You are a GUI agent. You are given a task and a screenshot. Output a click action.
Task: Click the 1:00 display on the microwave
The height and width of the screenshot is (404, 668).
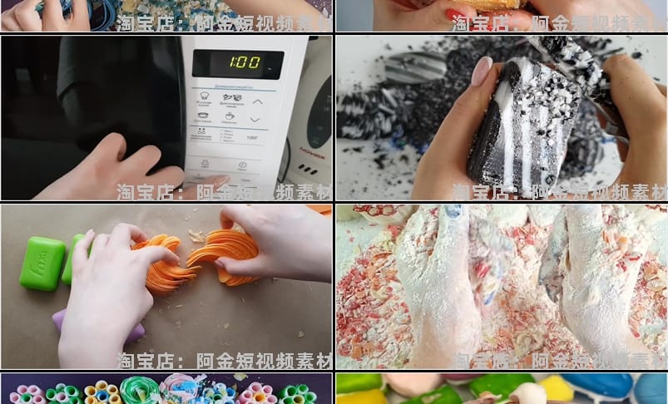[x=237, y=62]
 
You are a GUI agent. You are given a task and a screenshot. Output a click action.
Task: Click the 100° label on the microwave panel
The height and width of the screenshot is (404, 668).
[x=251, y=137]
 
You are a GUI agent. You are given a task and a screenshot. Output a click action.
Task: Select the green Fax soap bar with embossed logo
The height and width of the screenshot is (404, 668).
[x=42, y=263]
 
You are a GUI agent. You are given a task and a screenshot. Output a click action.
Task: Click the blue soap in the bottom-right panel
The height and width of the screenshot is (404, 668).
[x=599, y=386]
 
